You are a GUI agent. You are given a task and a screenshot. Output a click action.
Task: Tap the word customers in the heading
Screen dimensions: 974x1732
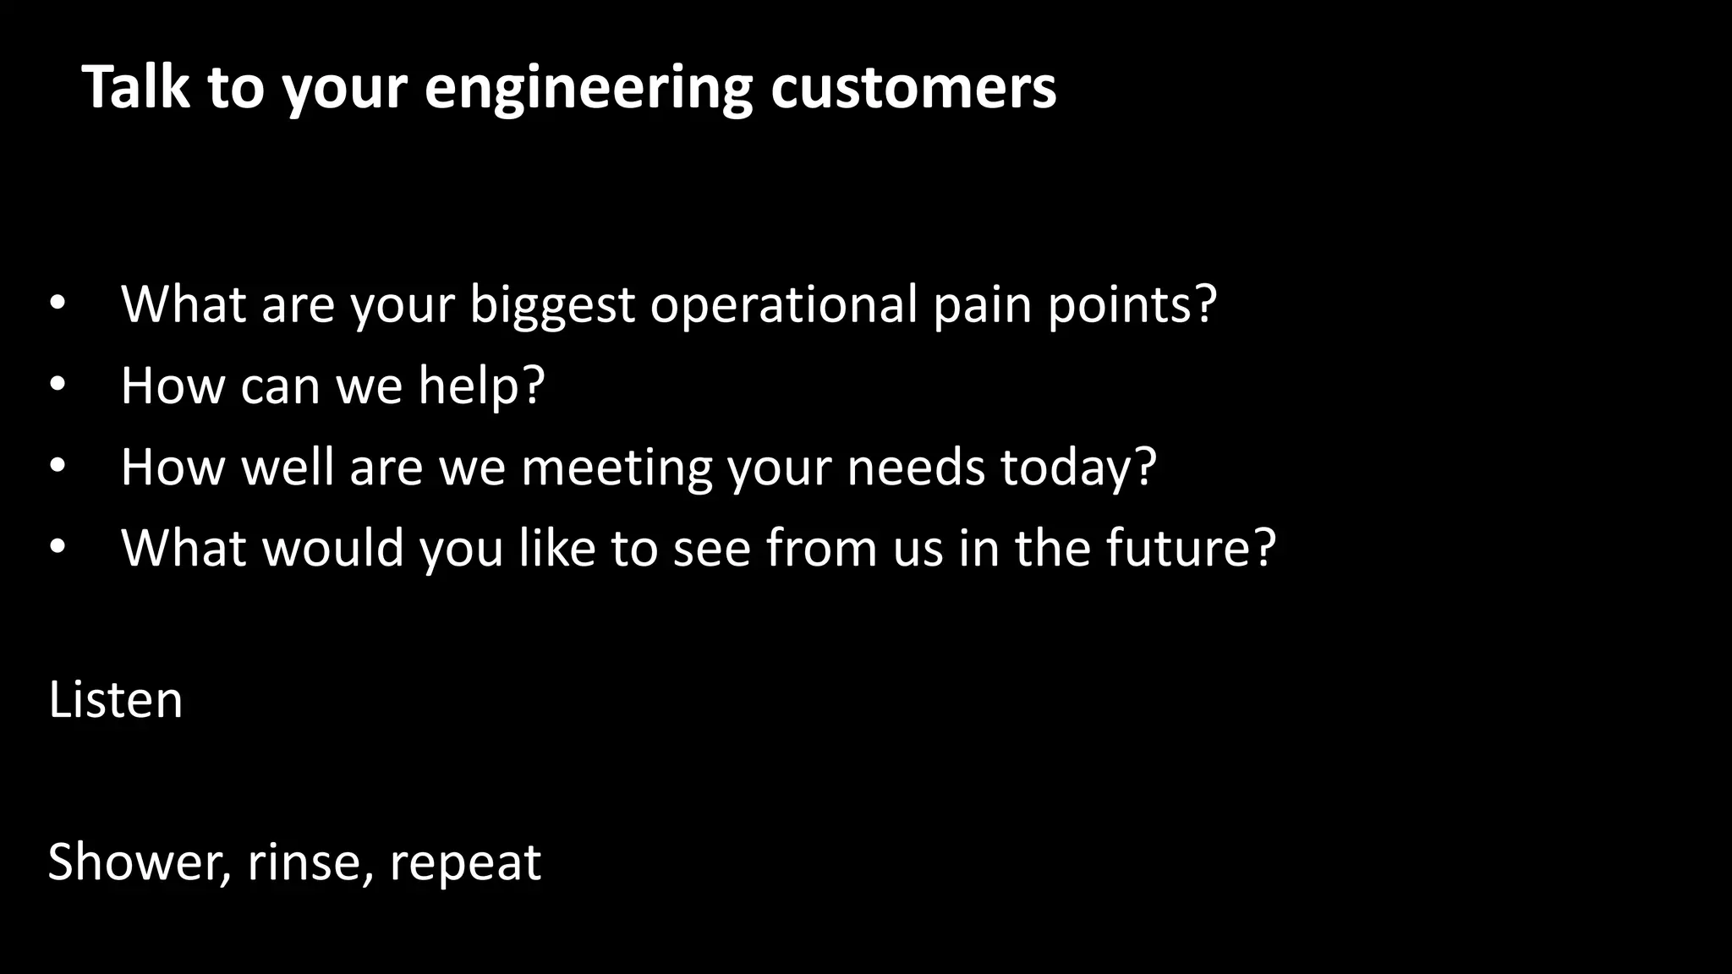[913, 87]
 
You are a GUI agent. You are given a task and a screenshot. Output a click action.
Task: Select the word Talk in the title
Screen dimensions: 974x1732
[136, 87]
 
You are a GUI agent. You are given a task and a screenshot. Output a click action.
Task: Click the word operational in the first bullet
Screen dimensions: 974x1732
[783, 304]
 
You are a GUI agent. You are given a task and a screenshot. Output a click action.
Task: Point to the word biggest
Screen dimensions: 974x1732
[551, 306]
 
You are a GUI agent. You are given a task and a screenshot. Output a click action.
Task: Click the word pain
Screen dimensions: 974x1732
[982, 304]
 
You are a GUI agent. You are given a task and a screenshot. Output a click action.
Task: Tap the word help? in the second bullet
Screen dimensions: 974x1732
[481, 386]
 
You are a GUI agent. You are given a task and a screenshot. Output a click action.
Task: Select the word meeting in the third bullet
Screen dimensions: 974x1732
[617, 468]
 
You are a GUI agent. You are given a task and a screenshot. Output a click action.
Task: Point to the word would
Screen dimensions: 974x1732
[333, 548]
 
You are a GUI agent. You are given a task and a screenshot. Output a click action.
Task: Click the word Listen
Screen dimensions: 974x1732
[116, 701]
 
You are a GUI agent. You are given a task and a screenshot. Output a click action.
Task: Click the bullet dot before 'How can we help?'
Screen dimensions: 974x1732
[57, 385]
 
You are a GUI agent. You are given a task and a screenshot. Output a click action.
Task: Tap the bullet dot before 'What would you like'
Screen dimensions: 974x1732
[57, 547]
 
